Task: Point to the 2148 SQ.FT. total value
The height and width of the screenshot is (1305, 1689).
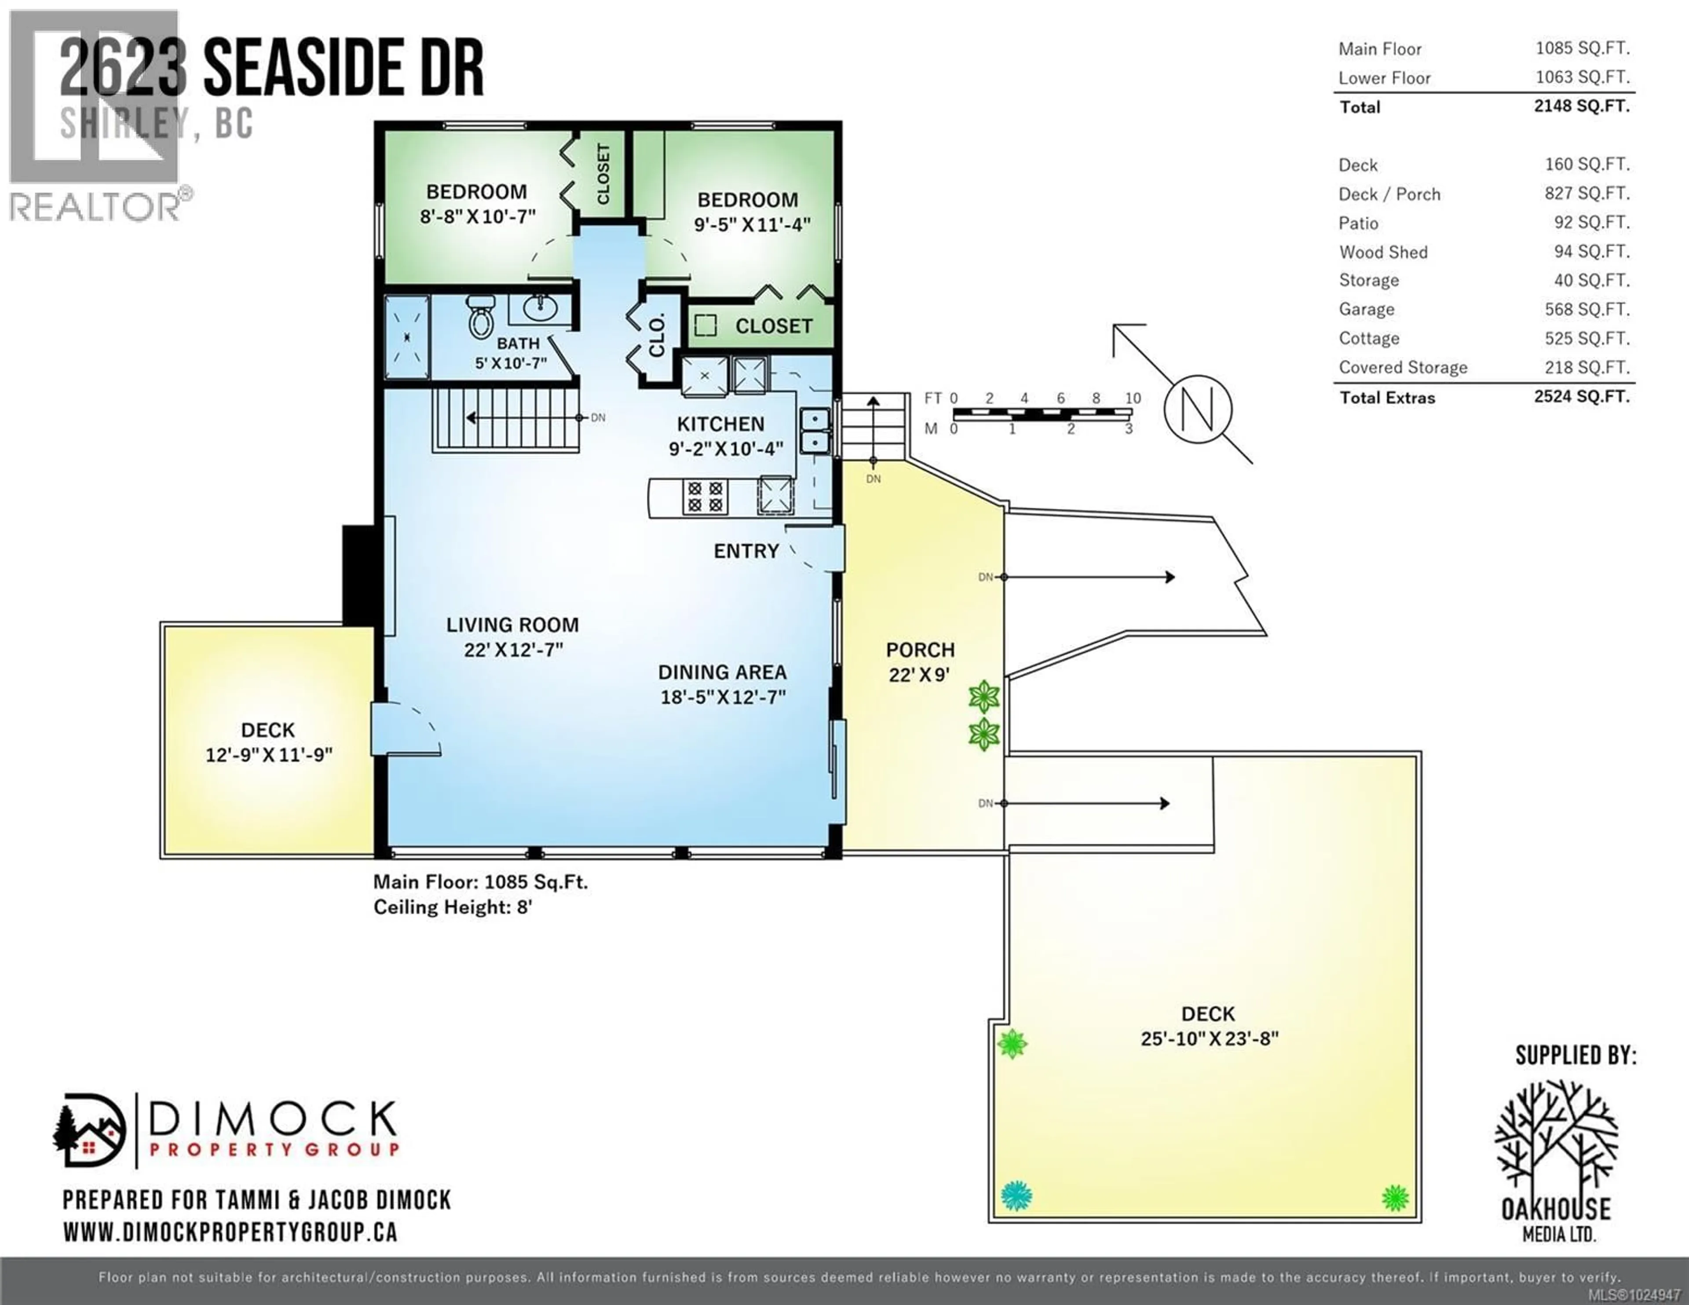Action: click(x=1582, y=106)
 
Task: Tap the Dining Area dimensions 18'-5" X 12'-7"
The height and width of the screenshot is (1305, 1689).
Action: click(x=722, y=697)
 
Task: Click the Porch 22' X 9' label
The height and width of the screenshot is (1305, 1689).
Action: click(x=920, y=662)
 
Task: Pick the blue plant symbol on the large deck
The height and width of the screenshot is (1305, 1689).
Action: click(x=1016, y=1196)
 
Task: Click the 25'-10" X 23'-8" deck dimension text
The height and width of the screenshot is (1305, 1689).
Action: click(x=1209, y=1038)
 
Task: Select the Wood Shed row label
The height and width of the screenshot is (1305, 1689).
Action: click(x=1383, y=252)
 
